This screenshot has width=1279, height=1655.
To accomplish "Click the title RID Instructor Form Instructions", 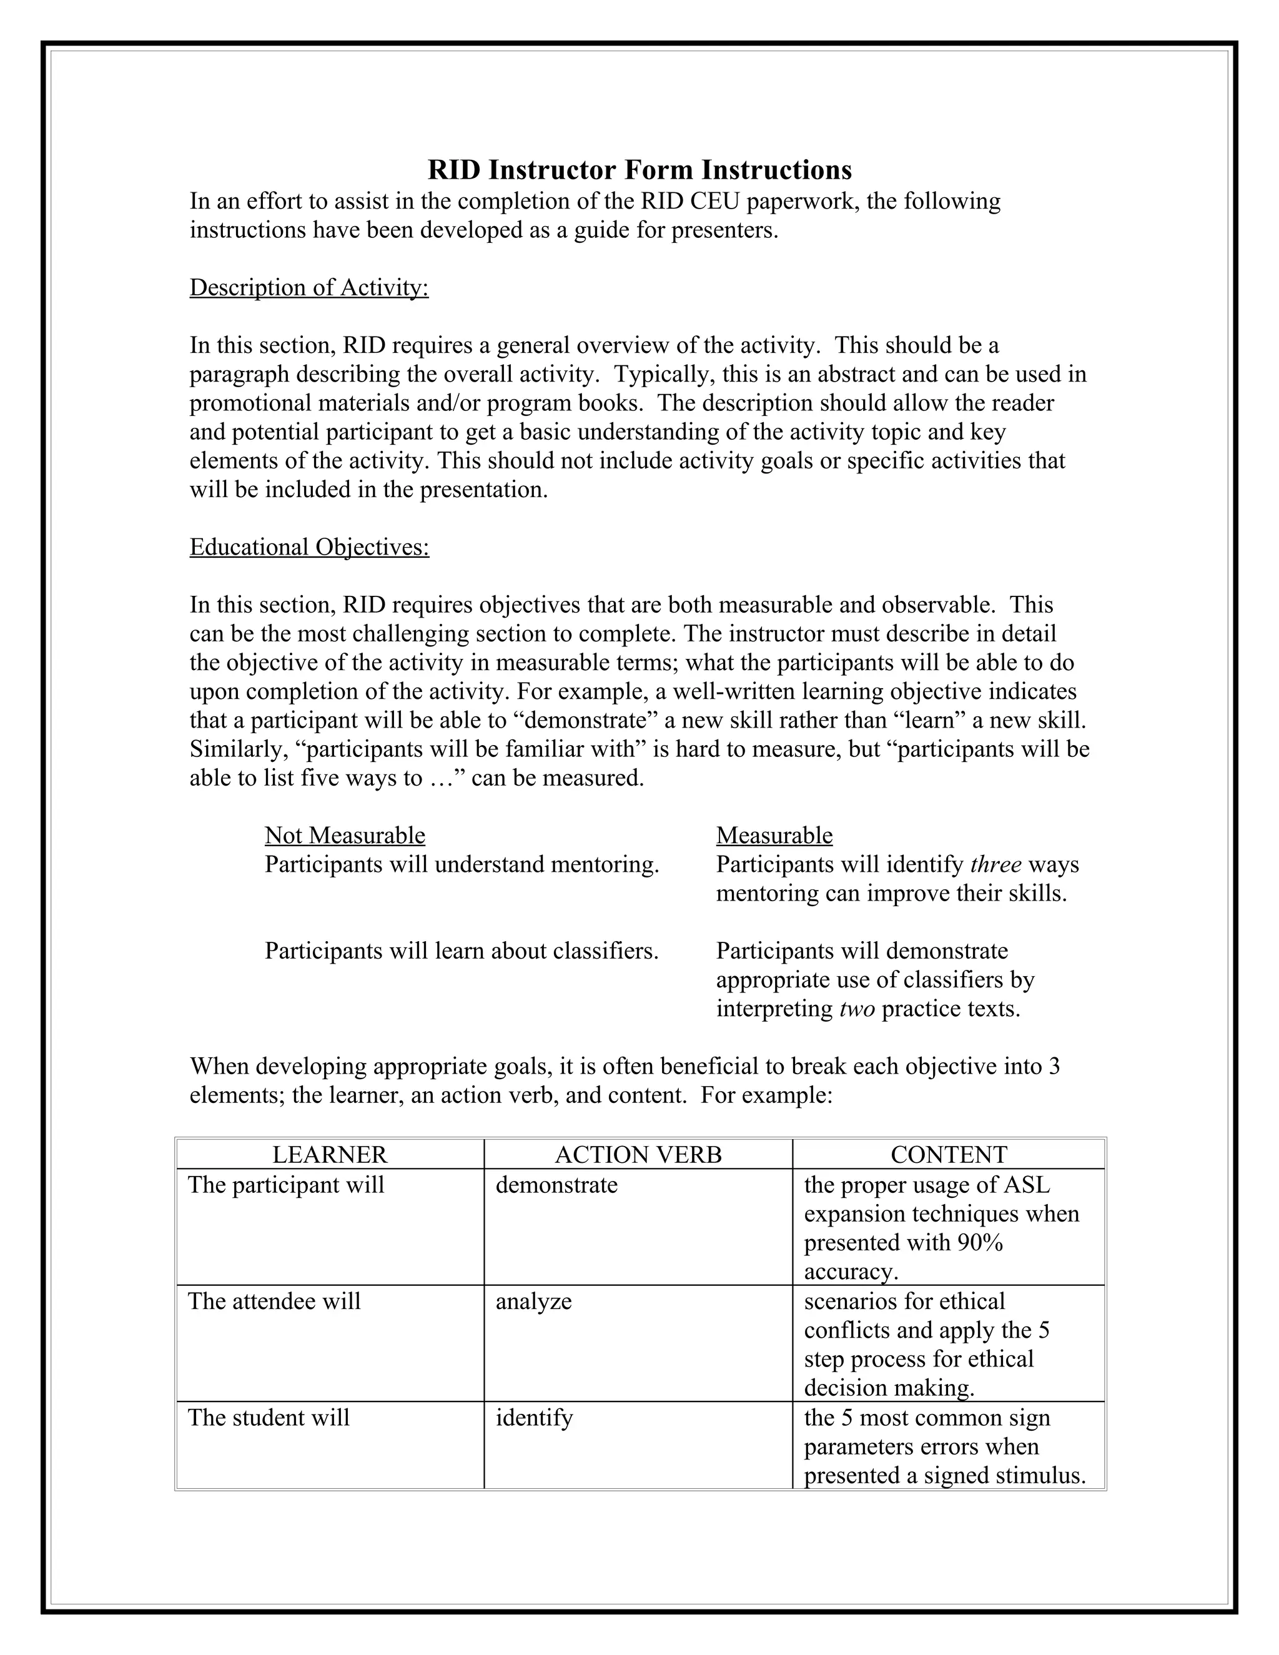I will coord(639,170).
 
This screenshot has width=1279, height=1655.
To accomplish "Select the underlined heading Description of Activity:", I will coord(309,288).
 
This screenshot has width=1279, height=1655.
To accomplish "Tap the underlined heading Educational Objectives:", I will coord(309,547).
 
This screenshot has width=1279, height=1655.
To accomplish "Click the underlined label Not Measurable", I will coord(345,835).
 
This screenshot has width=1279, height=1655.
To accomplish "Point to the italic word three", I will coord(995,864).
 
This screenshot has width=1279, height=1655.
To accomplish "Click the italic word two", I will coord(857,1009).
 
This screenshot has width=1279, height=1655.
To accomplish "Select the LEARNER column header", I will coord(330,1154).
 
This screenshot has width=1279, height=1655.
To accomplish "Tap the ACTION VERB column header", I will coord(638,1154).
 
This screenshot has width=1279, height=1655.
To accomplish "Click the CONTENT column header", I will coord(949,1154).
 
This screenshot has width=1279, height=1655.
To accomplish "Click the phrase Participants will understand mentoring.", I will coord(462,864).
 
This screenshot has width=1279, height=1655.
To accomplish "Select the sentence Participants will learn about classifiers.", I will coord(462,951).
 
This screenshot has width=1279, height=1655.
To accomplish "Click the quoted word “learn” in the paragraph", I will coord(912,721).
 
